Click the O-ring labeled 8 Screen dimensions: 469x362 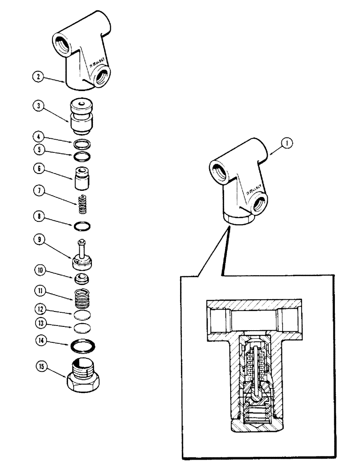[x=83, y=227]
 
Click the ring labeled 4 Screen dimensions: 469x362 [x=82, y=144]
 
